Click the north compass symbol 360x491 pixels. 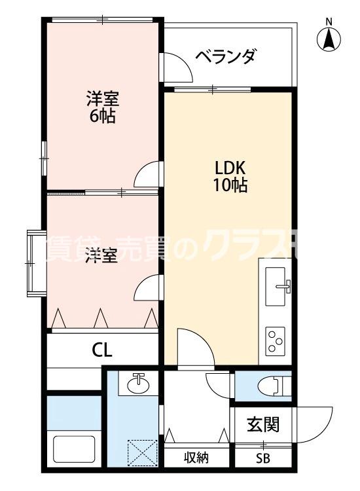(x=329, y=37)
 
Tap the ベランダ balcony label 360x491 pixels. (x=225, y=57)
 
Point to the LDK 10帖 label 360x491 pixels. (x=228, y=175)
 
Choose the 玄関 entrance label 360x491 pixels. (x=263, y=424)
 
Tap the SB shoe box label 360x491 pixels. (x=263, y=458)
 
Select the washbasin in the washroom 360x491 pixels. (x=137, y=384)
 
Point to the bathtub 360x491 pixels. (x=75, y=450)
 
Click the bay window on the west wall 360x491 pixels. (x=34, y=262)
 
